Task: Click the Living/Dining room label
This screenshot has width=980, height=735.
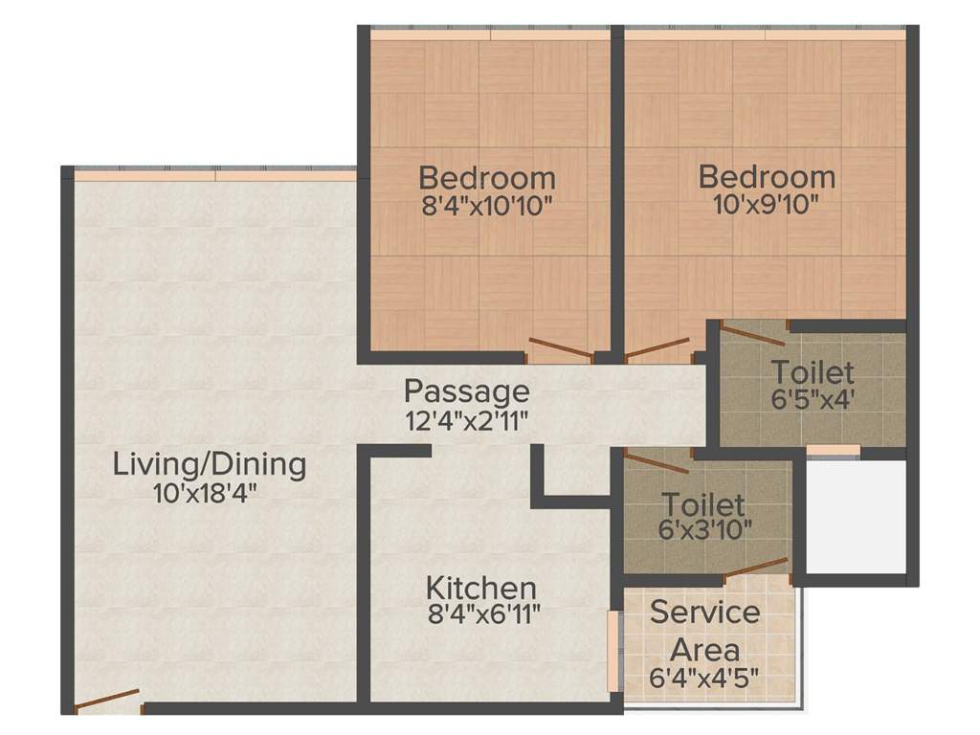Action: point(210,465)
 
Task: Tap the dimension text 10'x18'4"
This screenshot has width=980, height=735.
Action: point(206,494)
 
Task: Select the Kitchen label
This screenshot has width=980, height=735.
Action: point(480,587)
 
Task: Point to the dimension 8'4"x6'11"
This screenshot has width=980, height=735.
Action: point(484,613)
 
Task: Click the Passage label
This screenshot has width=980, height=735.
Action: point(466,390)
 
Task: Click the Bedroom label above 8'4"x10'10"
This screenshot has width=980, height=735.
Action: point(487,178)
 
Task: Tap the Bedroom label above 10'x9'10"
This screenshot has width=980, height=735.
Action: point(767,177)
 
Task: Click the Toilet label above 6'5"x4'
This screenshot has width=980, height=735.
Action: point(813,370)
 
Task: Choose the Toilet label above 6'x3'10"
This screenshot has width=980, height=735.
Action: point(702,503)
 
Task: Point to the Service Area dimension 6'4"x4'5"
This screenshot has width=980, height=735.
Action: point(704,679)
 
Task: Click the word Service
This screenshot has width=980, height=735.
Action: point(704,612)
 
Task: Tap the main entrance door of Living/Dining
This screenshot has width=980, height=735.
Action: point(106,701)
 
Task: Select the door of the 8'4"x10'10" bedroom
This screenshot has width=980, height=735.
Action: point(561,348)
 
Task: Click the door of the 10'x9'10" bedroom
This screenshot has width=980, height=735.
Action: point(657,347)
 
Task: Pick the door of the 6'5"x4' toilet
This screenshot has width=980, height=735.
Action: point(752,334)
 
